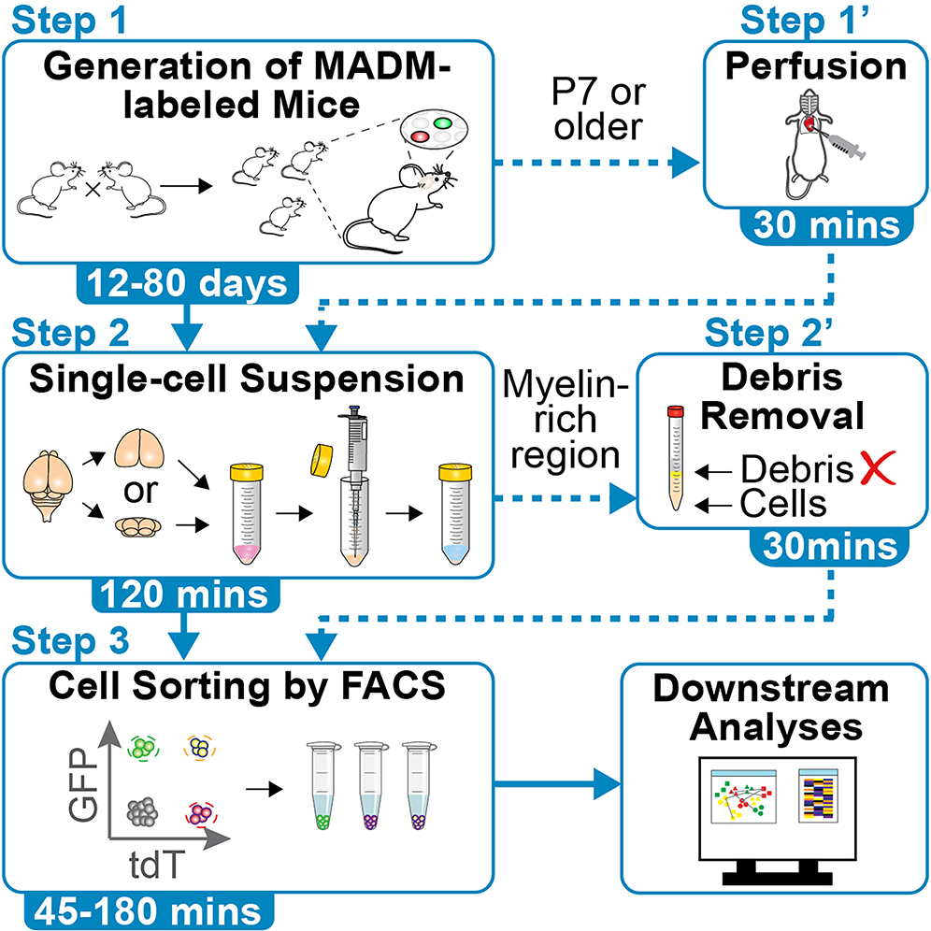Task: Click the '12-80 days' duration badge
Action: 188,282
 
